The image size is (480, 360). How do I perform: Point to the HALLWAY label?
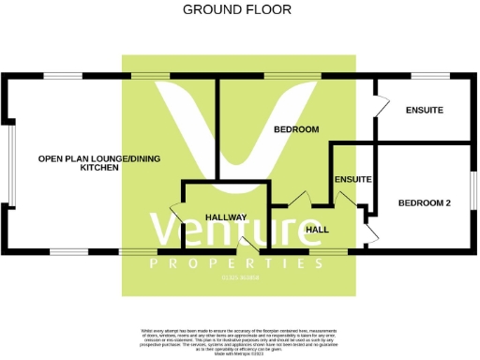[x=226, y=217]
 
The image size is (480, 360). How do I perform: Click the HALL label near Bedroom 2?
[x=316, y=229]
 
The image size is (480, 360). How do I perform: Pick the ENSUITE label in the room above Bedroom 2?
[x=424, y=111]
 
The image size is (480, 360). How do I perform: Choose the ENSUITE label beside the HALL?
[x=353, y=179]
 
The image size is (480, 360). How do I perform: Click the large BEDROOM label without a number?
[x=296, y=129]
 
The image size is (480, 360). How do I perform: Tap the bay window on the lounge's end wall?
[x=10, y=164]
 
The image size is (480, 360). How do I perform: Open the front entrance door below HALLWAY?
[x=247, y=247]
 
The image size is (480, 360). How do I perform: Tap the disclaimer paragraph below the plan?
[x=240, y=341]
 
